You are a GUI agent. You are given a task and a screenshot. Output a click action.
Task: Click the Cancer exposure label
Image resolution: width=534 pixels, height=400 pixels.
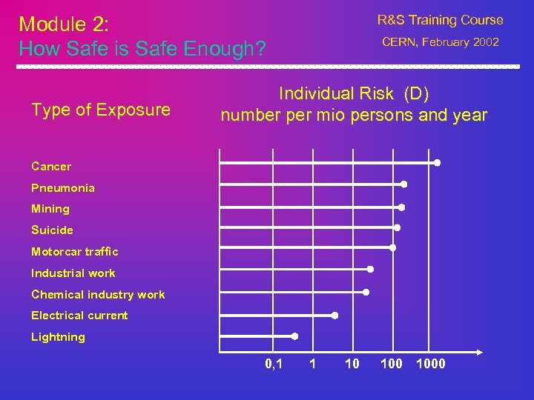(51, 167)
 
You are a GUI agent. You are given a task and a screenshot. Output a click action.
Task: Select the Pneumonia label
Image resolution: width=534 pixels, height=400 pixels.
(63, 188)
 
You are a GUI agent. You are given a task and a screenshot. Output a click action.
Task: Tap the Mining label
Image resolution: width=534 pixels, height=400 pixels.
(50, 209)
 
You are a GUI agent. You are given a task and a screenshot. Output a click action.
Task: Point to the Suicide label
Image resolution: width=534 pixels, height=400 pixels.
(52, 230)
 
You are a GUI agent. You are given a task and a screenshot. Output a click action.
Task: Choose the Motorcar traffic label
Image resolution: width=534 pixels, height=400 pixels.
(74, 252)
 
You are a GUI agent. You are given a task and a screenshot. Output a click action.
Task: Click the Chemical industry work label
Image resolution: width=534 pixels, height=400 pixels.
(98, 295)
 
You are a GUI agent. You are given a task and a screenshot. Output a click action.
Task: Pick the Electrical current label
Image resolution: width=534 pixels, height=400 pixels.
(79, 316)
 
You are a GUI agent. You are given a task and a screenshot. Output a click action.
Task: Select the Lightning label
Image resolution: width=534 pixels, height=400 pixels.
(58, 337)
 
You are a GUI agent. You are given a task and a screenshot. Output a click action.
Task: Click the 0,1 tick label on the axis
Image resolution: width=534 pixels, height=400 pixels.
(273, 364)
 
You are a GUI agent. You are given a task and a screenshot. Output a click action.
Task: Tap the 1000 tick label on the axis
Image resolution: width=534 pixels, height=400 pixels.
(431, 364)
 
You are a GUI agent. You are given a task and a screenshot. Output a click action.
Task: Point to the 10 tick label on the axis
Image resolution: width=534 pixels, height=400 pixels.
(352, 364)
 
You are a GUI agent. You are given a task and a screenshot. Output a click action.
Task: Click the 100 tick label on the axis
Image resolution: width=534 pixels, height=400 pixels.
(391, 364)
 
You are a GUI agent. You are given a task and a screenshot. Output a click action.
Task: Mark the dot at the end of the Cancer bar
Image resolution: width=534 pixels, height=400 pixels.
(437, 162)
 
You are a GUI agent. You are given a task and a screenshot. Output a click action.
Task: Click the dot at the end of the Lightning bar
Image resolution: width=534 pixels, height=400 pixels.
(294, 336)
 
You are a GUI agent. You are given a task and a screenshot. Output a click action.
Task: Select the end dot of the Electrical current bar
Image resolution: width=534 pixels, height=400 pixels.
(334, 316)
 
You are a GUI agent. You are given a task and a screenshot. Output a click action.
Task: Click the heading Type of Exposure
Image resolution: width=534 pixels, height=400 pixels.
(101, 110)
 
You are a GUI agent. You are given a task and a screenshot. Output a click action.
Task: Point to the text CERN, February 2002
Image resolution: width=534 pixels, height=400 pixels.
(441, 42)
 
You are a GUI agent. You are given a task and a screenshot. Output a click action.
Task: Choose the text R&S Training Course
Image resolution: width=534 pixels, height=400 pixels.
(440, 20)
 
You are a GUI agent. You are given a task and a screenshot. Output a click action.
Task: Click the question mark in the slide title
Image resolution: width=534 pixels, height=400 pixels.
(260, 50)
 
